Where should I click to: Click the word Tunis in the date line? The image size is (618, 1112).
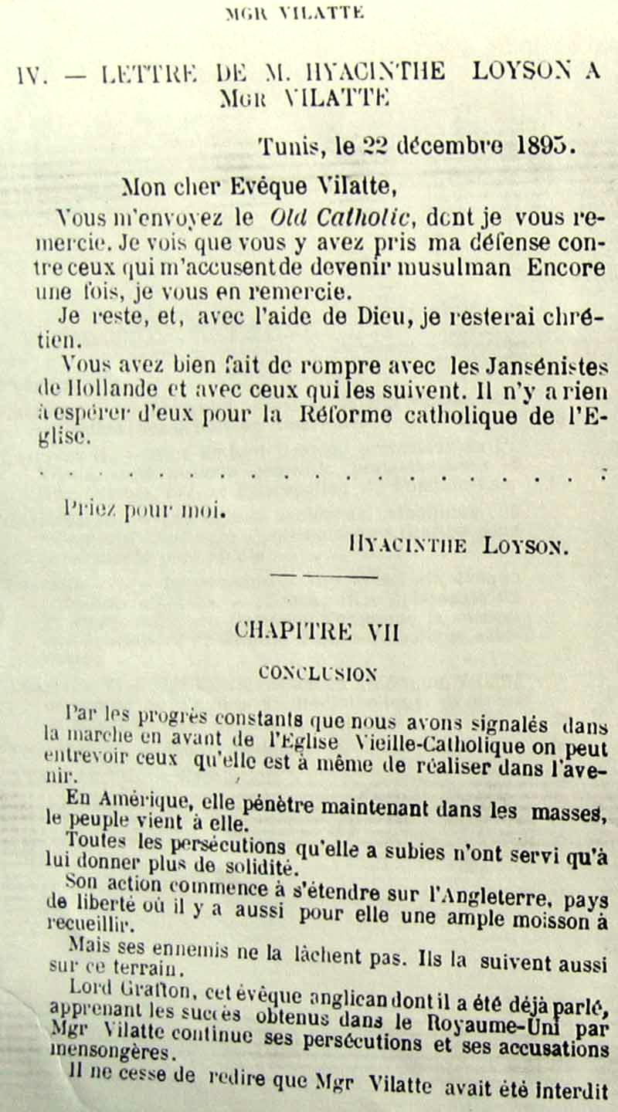tap(285, 146)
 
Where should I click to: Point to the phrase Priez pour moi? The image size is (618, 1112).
tap(144, 509)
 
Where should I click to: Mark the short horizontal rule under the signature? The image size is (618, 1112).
tap(324, 575)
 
